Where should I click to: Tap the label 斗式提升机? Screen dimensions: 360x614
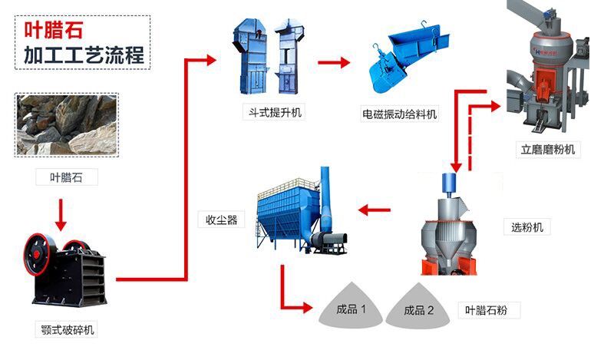click(x=272, y=114)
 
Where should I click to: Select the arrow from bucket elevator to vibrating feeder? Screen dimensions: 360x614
click(x=334, y=62)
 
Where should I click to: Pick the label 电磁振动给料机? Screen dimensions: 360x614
click(x=399, y=114)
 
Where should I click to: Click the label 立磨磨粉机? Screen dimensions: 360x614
click(x=547, y=150)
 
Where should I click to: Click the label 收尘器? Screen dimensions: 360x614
click(x=220, y=220)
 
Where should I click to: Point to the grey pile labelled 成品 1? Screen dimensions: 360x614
click(x=352, y=309)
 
